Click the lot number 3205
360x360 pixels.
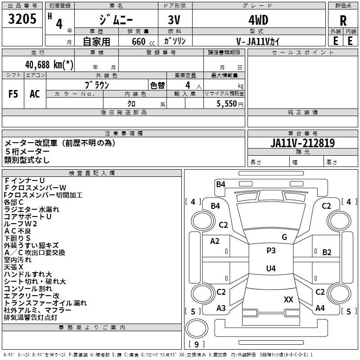pos(22,19)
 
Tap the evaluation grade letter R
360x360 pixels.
pos(343,21)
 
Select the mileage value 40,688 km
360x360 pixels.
pos(49,64)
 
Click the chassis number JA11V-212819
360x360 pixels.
pos(302,143)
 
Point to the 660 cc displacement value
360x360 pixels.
pos(143,41)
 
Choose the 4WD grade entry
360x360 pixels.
pos(258,20)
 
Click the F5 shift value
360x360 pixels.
pos(13,94)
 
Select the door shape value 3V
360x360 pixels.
pos(174,20)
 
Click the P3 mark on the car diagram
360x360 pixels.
pos(271,251)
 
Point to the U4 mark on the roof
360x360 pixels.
pos(271,268)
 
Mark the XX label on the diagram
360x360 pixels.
pos(288,300)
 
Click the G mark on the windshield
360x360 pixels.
pos(284,237)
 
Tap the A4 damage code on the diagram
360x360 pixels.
pos(320,308)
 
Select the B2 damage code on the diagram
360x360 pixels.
pos(327,252)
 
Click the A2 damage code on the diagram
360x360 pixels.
pos(215,241)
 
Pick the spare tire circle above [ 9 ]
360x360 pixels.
pos(197,328)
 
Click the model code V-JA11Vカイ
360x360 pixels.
pos(258,41)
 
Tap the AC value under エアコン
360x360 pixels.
pos(35,94)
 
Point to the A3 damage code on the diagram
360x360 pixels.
pos(221,308)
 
